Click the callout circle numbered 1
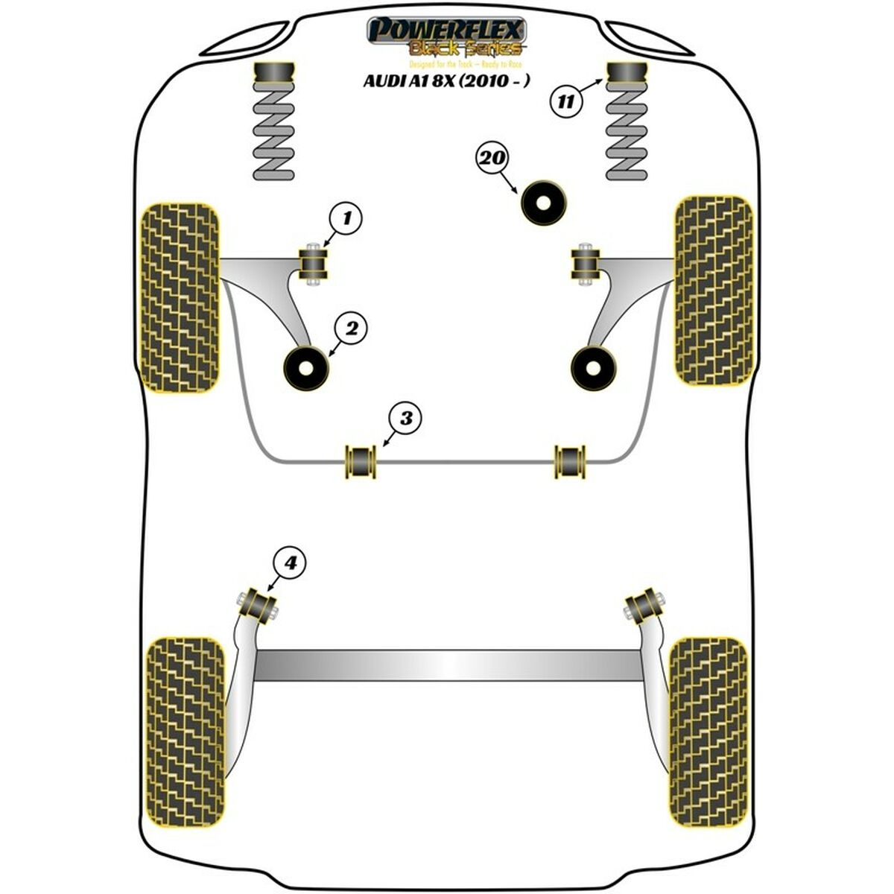346,218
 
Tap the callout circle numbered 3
405,419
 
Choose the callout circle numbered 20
492,158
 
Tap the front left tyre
180,297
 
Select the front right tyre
713,290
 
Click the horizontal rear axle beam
447,665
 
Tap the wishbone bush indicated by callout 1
314,262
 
